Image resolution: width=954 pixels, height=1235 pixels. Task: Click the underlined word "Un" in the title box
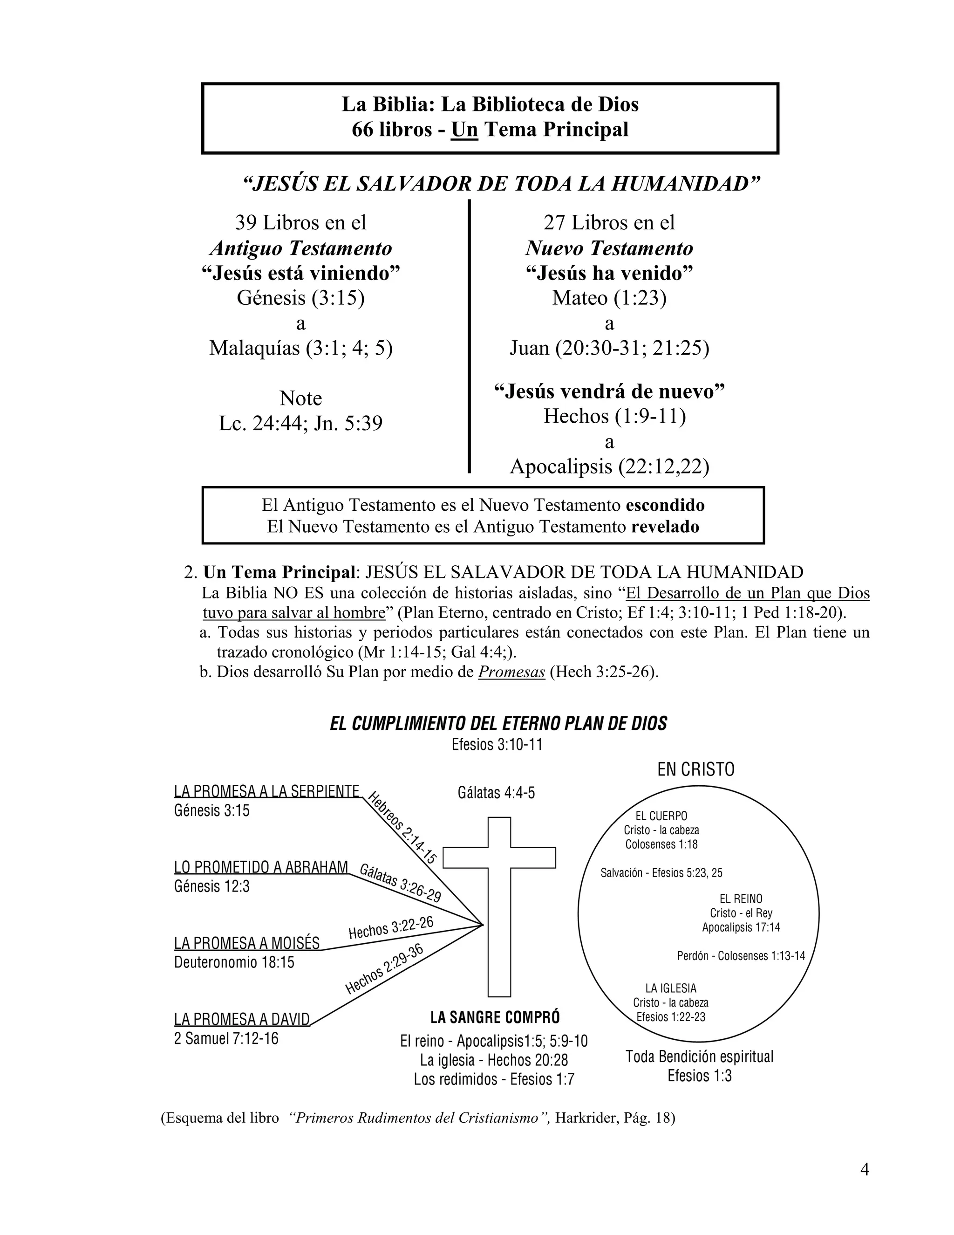coord(464,130)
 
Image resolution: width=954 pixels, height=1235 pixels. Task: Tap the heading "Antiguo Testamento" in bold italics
coord(300,247)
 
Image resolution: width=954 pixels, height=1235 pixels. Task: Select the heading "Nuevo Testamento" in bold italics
coord(609,247)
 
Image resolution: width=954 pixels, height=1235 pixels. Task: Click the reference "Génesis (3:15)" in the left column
coord(300,297)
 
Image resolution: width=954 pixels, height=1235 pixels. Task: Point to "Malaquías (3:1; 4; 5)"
coord(300,348)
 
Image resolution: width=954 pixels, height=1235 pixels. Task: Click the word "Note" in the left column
coord(300,398)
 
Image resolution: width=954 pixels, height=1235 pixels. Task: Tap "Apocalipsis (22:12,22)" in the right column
coord(609,466)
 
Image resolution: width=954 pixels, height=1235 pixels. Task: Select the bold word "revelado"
coord(665,527)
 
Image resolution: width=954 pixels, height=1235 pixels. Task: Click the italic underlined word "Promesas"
coord(511,672)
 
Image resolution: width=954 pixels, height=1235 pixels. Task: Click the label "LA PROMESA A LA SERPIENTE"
coord(267,791)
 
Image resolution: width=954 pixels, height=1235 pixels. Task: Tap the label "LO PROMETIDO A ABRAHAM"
coord(261,867)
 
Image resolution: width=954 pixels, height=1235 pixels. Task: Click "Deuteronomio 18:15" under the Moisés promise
coord(234,962)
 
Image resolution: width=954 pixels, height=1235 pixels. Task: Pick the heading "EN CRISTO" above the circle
coord(696,769)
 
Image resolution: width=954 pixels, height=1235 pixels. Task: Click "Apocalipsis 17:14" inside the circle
coord(741,927)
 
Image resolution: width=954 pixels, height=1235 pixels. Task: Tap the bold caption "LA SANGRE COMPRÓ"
coord(495,1017)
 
